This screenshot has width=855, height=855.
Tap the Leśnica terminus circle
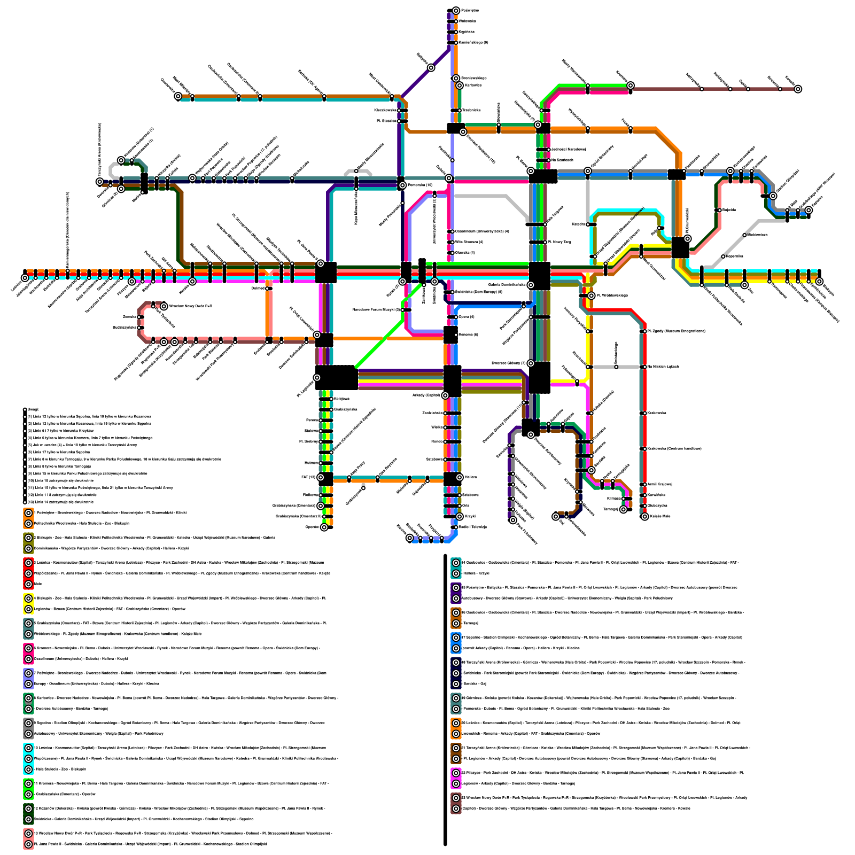(25, 278)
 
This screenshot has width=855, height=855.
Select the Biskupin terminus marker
(819, 282)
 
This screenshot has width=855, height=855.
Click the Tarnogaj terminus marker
(623, 510)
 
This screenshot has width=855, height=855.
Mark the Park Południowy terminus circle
(513, 520)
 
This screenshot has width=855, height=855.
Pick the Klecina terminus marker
(410, 538)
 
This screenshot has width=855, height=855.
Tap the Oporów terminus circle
(324, 527)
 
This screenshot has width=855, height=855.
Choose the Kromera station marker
(631, 85)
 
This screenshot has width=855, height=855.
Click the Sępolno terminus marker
(809, 210)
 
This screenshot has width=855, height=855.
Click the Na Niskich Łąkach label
(663, 367)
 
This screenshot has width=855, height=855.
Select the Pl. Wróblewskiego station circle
(592, 296)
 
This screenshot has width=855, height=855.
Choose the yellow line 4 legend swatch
(28, 603)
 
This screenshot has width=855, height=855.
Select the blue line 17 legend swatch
(456, 643)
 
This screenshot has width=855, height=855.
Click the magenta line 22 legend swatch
(456, 778)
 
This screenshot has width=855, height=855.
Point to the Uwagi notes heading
(33, 410)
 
